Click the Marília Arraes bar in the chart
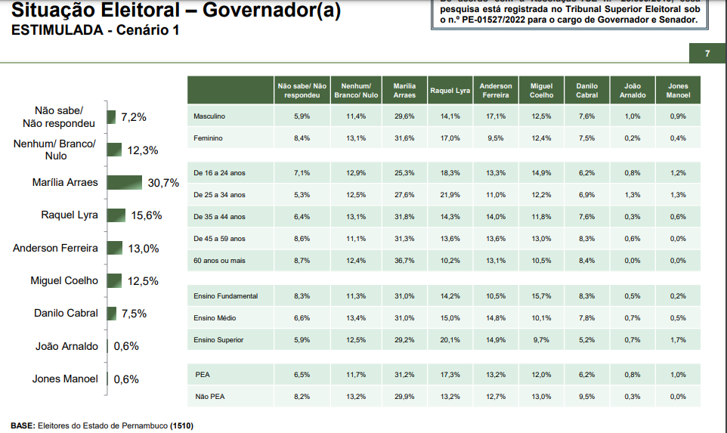coord(124,183)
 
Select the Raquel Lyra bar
coord(116,215)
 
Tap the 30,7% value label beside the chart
coord(163,183)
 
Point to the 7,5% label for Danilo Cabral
coord(134,314)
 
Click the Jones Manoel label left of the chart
coord(65,379)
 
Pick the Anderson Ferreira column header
coord(496,91)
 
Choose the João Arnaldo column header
coord(633,91)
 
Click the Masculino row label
coord(209,116)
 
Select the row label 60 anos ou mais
coord(219,261)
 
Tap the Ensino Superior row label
coord(218,340)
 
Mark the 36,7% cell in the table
coord(404,261)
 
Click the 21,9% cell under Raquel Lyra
coord(450,195)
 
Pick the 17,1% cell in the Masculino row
coord(496,116)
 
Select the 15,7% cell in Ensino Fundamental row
coord(541,296)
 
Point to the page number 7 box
coord(707,54)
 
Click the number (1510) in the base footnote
coord(181,425)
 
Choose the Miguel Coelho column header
coord(541,91)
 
